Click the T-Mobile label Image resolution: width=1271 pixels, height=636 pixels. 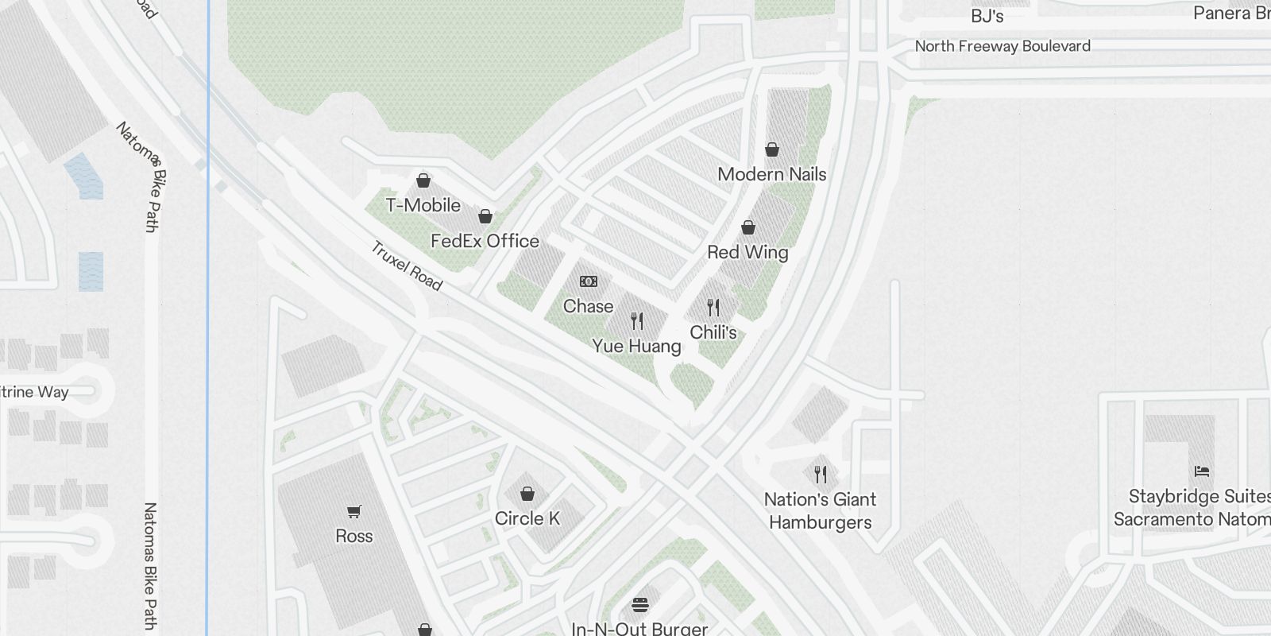pyautogui.click(x=423, y=205)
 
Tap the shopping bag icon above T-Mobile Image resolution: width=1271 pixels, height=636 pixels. pyautogui.click(x=423, y=180)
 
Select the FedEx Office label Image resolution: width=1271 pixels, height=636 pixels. pyautogui.click(x=485, y=241)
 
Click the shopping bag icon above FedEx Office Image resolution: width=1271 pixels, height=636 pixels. pyautogui.click(x=485, y=216)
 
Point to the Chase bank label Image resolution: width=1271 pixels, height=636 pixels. pyautogui.click(x=588, y=306)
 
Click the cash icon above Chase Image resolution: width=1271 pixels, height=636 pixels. pyautogui.click(x=589, y=281)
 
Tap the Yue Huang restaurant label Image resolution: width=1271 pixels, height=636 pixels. pyautogui.click(x=636, y=346)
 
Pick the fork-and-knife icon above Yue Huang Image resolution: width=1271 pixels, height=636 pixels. pyautogui.click(x=637, y=321)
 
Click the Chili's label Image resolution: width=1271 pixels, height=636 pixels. pyautogui.click(x=713, y=332)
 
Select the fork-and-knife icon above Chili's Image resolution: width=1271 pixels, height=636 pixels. pyautogui.click(x=713, y=308)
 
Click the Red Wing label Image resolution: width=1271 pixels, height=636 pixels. pyautogui.click(x=748, y=252)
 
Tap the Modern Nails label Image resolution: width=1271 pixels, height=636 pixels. pyautogui.click(x=771, y=174)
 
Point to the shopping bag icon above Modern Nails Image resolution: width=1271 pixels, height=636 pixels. pyautogui.click(x=771, y=149)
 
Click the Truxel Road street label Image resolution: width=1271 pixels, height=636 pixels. pyautogui.click(x=406, y=266)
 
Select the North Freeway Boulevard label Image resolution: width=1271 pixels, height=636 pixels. pyautogui.click(x=1003, y=46)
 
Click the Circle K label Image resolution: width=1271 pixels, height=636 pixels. pyautogui.click(x=527, y=518)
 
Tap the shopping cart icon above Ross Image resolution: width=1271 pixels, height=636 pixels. pyautogui.click(x=354, y=511)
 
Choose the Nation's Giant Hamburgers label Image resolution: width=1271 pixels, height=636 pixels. pyautogui.click(x=820, y=510)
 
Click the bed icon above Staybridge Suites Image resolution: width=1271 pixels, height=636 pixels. pyautogui.click(x=1202, y=471)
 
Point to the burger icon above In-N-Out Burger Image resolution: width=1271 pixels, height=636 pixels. pyautogui.click(x=640, y=605)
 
